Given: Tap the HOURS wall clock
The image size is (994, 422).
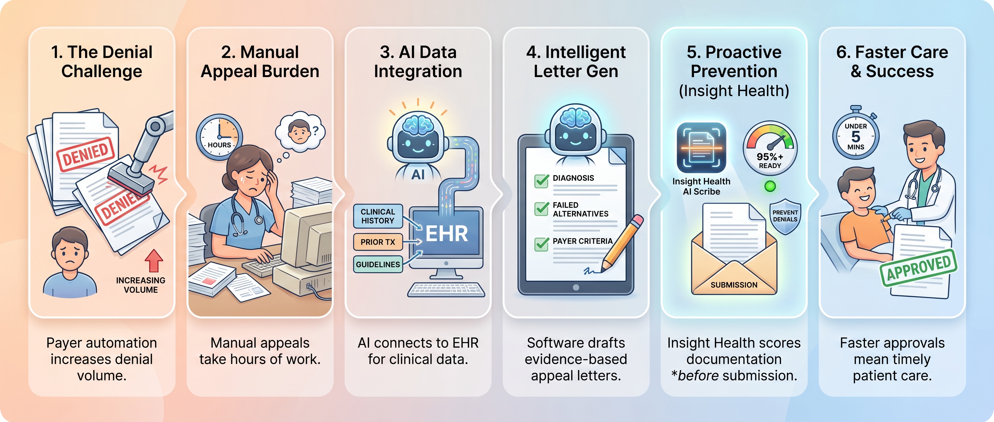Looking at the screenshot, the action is (x=219, y=137).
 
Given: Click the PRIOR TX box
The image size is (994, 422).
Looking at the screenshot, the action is (x=378, y=242).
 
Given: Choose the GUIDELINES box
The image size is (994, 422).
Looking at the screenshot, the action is (x=378, y=264).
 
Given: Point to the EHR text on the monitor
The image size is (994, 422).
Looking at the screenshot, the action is (x=446, y=234).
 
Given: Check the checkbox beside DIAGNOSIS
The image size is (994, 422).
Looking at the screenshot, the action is (x=541, y=180).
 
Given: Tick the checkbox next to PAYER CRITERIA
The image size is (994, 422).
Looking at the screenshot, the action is (x=541, y=244).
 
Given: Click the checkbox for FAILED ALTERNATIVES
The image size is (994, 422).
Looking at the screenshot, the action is (x=541, y=208).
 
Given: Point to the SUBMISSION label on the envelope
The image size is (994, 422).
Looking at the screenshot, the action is (x=734, y=285).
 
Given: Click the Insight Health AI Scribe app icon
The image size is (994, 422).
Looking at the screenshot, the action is (x=701, y=148).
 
